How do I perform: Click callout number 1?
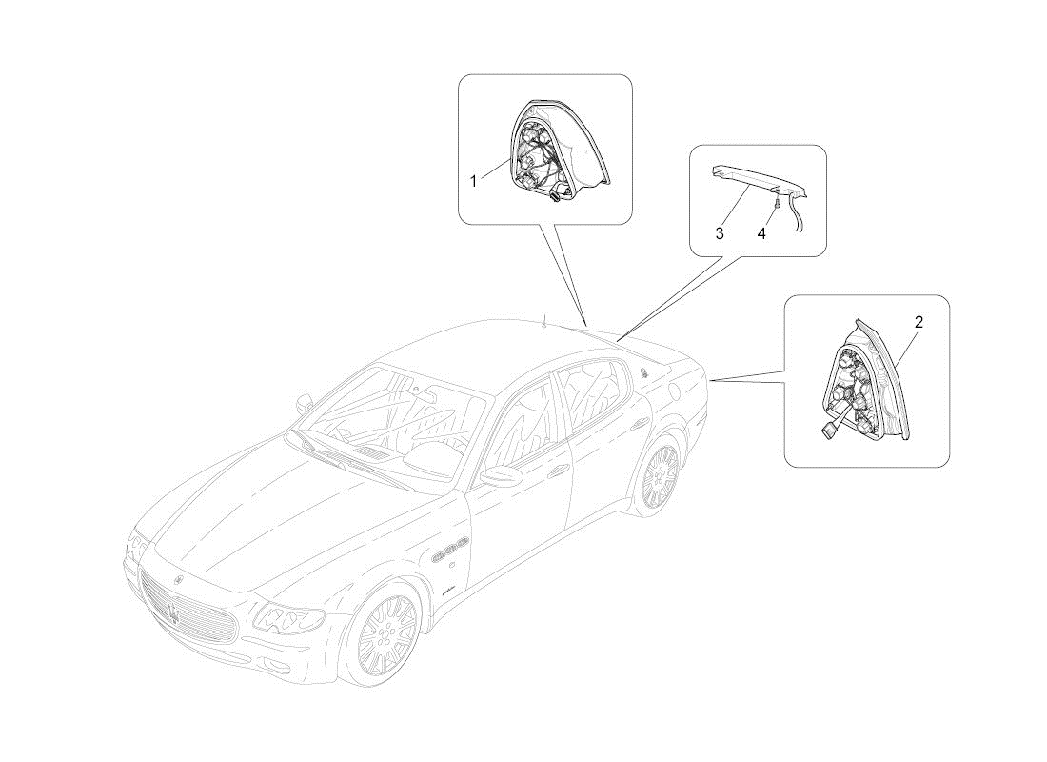473,181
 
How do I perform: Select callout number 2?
919,322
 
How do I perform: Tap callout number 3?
720,233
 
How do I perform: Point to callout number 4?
761,233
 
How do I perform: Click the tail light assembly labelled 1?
561,150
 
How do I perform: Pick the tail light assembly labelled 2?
865,380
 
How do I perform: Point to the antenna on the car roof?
544,322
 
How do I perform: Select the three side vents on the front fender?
451,548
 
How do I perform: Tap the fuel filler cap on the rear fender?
675,388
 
